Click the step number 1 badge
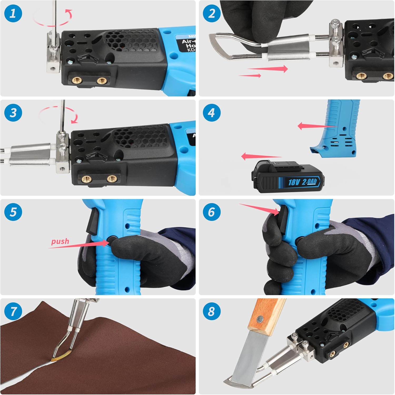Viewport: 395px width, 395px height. [13, 13]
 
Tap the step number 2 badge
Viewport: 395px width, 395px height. [211, 13]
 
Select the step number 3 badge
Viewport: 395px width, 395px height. [13, 113]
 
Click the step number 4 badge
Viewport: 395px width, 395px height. [211, 113]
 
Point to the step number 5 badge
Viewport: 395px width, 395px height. [13, 212]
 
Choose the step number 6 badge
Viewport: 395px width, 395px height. [211, 212]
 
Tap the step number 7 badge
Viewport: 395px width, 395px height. [13, 311]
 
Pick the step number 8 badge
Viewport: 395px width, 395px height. [211, 311]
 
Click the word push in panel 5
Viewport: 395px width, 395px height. [60, 241]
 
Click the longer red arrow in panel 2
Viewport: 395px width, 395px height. [267, 69]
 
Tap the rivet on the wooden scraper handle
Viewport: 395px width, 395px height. [260, 319]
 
